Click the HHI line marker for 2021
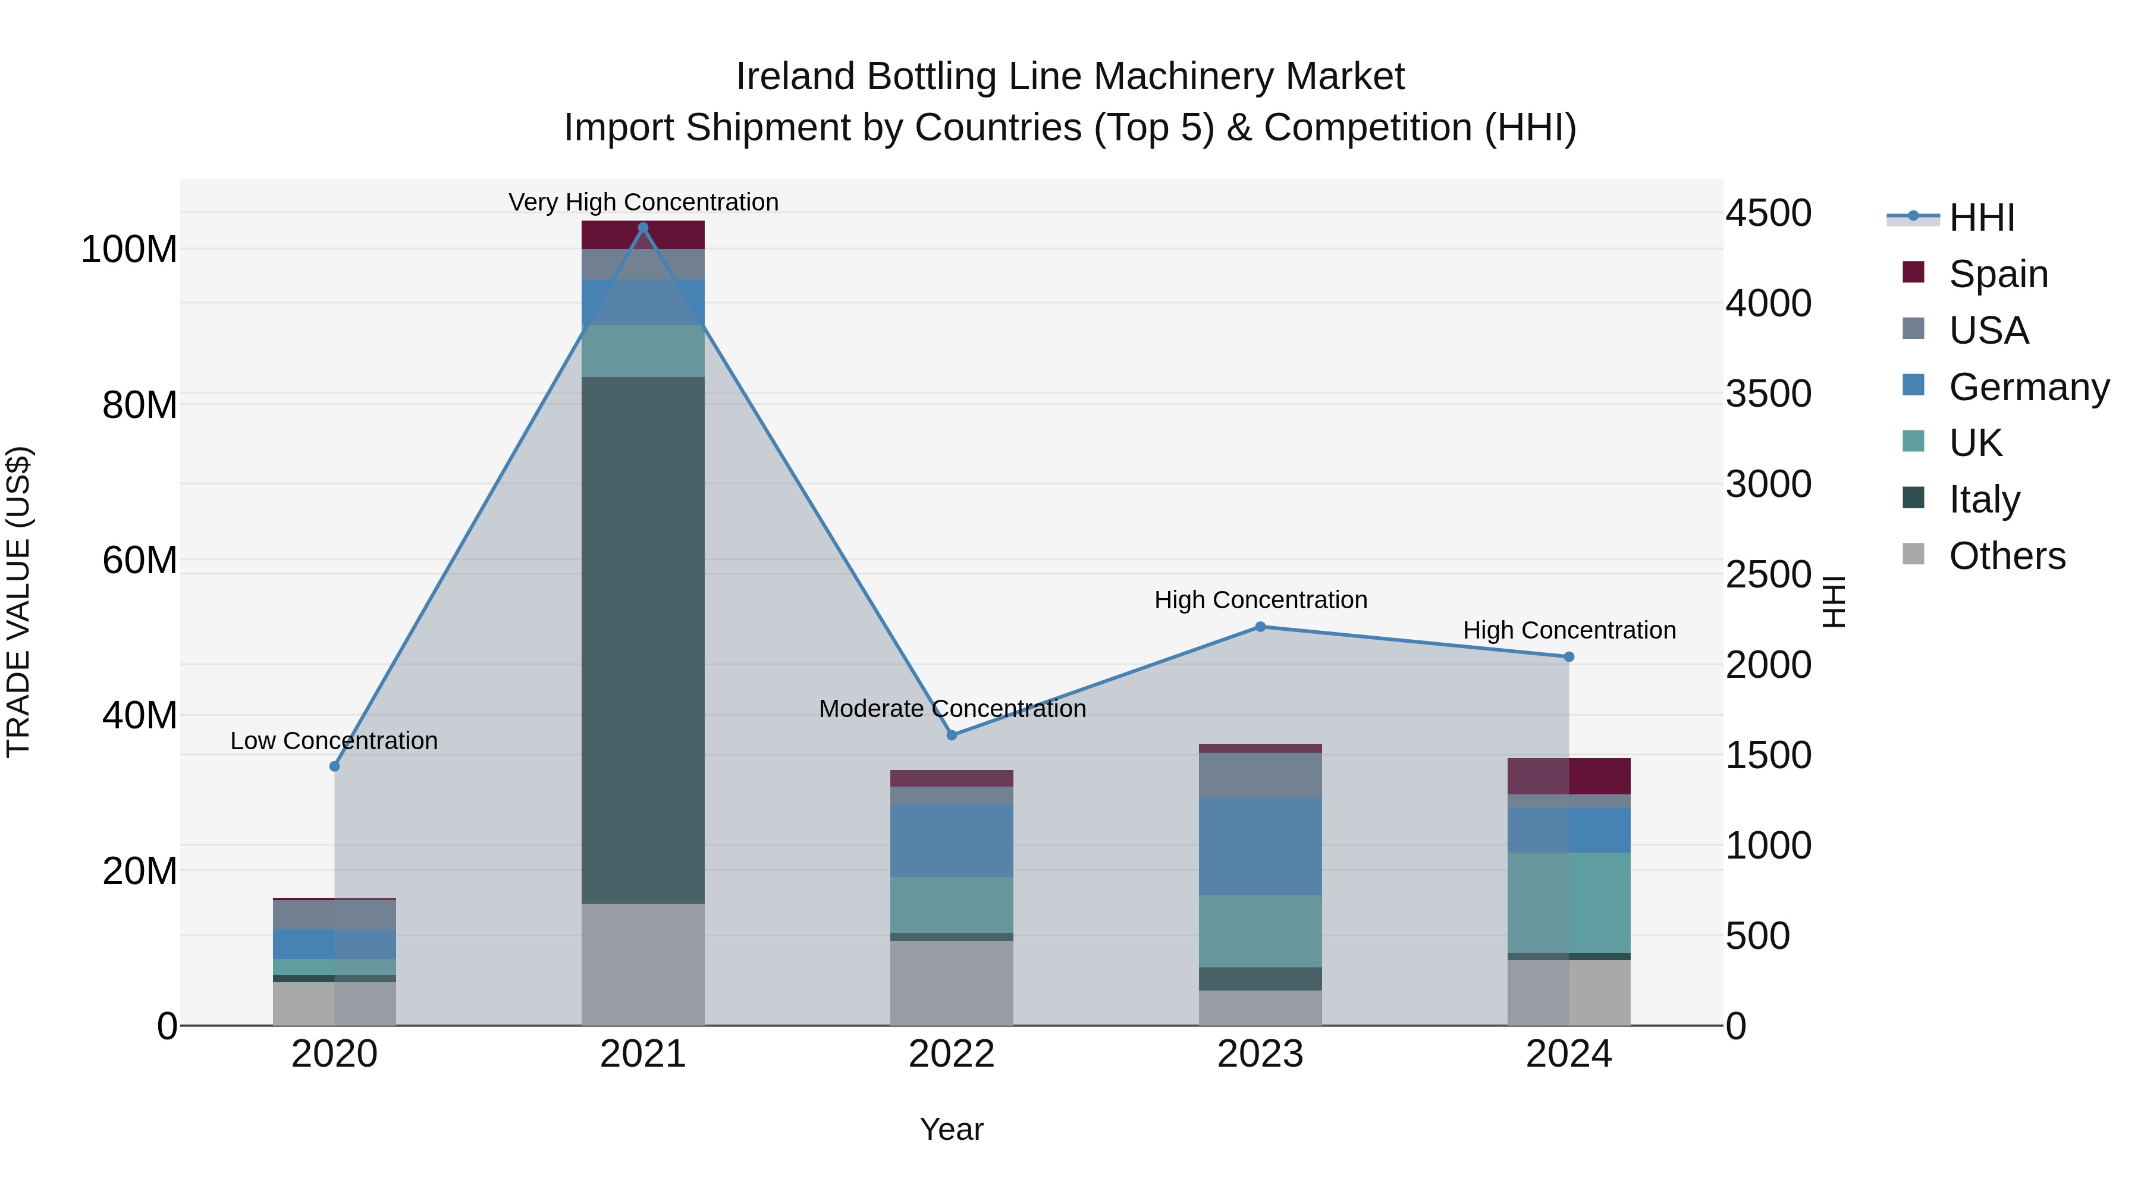[x=642, y=228]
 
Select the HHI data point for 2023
[x=1260, y=627]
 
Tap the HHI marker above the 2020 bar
[x=335, y=766]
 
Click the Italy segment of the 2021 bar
[x=642, y=640]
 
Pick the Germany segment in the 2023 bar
[x=1260, y=846]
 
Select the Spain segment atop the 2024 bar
[x=1568, y=776]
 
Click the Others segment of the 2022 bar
[x=952, y=983]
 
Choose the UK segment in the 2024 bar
[x=1568, y=903]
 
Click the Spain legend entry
[x=1998, y=274]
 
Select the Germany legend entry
[x=2028, y=386]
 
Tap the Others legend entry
[x=2007, y=556]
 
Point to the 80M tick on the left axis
[x=140, y=405]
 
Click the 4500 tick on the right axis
[x=1769, y=213]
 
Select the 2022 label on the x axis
[x=952, y=1054]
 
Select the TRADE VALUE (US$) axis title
[x=18, y=602]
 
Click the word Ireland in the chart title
[x=795, y=77]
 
